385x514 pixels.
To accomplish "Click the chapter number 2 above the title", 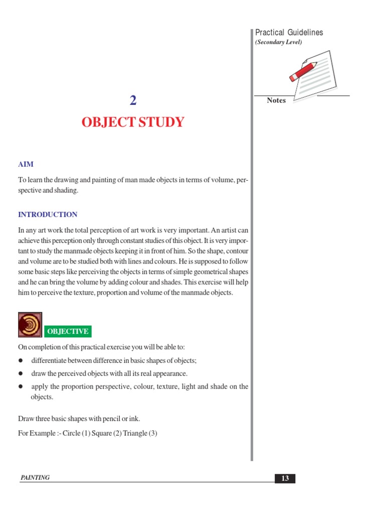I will point(133,101).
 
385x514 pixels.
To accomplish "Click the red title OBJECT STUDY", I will point(133,122).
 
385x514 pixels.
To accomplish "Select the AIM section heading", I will point(26,164).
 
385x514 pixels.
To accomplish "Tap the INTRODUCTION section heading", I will point(48,214).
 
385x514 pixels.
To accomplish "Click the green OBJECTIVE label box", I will point(68,331).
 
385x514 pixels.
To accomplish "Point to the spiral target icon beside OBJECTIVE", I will point(30,325).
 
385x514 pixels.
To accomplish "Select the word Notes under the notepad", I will point(276,100).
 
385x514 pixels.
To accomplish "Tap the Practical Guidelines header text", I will point(289,33).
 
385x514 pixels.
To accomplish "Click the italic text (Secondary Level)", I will point(279,42).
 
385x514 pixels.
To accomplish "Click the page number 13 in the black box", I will point(285,478).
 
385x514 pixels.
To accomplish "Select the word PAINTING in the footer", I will point(35,478).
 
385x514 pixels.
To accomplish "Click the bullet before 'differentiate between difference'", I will point(21,361).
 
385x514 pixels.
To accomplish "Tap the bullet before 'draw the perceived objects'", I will point(21,374).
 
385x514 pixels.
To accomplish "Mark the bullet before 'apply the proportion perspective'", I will point(21,387).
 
